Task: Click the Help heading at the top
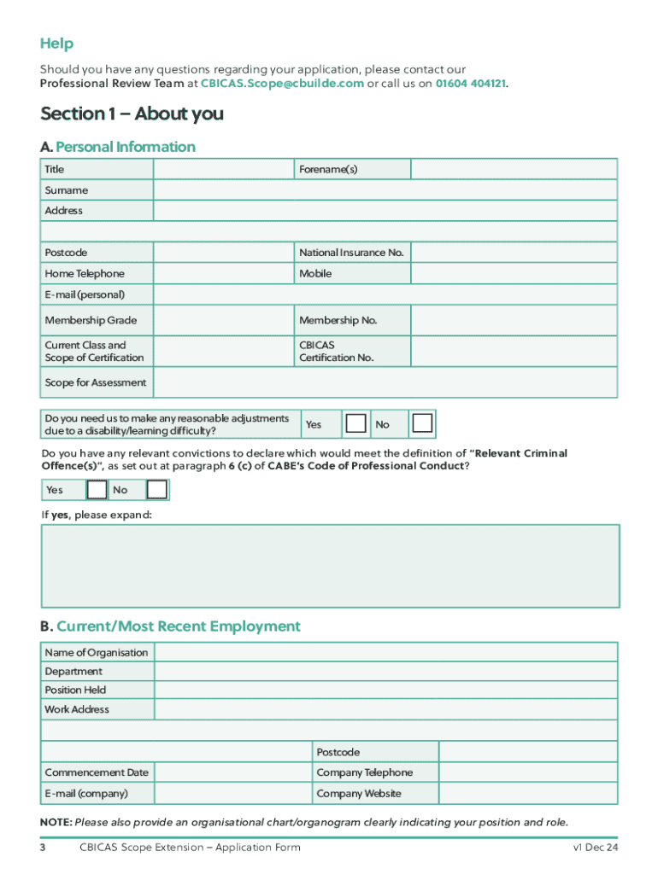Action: pos(56,44)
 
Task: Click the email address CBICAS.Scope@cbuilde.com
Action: pos(281,84)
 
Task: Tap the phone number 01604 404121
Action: pos(470,84)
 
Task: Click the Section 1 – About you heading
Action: pos(132,114)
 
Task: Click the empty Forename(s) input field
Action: pos(514,169)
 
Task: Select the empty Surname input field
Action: pos(385,190)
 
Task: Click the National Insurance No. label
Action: pos(351,253)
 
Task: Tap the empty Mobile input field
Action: pos(514,274)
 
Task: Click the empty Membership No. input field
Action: pos(514,321)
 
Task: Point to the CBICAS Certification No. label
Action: pos(337,352)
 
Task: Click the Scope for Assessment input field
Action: pos(385,382)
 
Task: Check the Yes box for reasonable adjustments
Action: pos(356,424)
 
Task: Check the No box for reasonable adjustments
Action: pos(421,424)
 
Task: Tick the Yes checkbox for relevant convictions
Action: pos(97,490)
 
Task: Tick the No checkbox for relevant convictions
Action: pos(157,490)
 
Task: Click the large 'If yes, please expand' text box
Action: pos(330,566)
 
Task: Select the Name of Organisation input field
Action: pos(385,653)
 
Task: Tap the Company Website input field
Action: pos(527,794)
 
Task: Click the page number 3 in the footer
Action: pos(43,848)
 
